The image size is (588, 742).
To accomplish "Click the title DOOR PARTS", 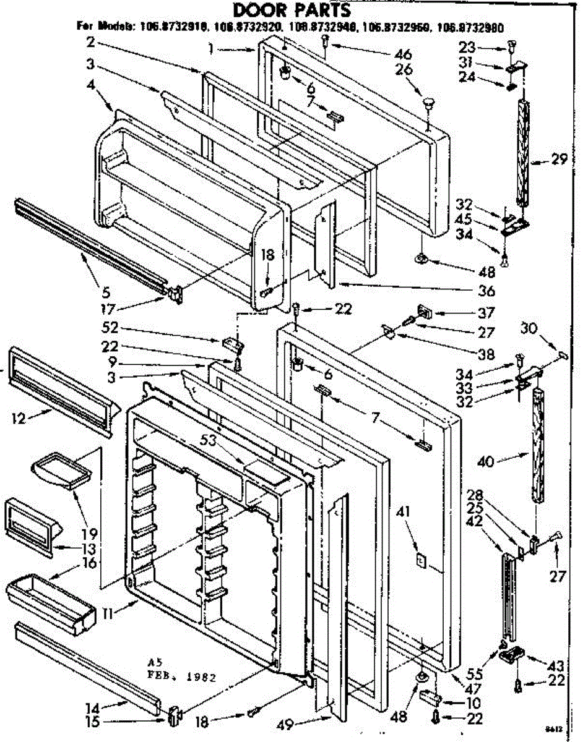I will [292, 11].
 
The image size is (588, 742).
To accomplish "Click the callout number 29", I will [559, 160].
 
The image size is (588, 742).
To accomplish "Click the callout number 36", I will [487, 291].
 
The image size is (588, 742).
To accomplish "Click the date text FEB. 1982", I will [184, 676].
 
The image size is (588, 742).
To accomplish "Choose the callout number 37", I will [486, 313].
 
